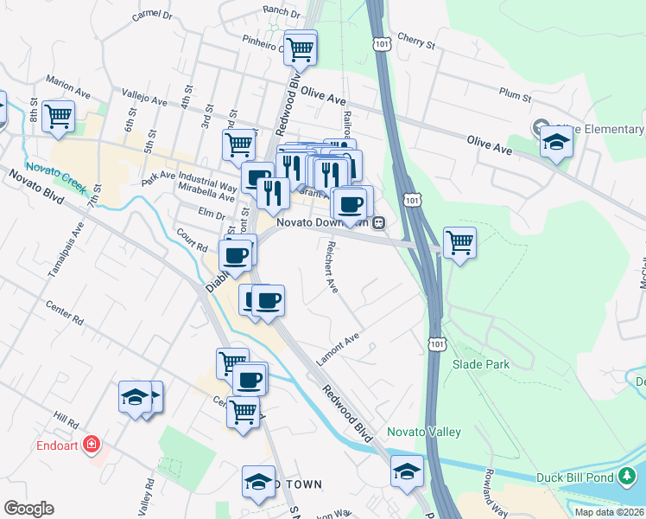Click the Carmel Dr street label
[x=153, y=16]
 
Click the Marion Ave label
[x=69, y=86]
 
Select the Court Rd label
[x=192, y=240]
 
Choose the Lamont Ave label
[x=339, y=343]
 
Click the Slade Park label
[x=481, y=364]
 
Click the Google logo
[x=28, y=509]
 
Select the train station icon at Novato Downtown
[x=379, y=223]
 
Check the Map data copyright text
[x=609, y=512]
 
